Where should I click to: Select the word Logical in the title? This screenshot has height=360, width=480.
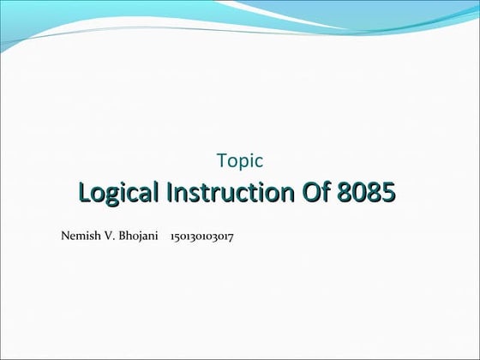point(118,194)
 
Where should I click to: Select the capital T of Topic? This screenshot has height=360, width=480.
point(222,159)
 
